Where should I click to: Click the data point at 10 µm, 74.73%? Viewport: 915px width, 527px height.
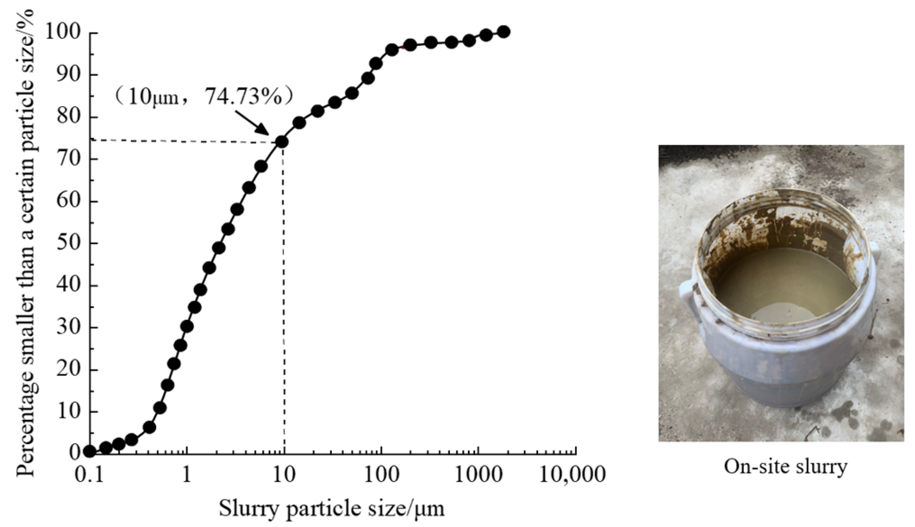click(x=282, y=142)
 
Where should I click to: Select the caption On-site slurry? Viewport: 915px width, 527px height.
click(x=785, y=467)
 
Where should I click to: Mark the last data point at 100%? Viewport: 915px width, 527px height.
click(x=503, y=32)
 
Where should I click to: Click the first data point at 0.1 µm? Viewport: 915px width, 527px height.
click(x=89, y=451)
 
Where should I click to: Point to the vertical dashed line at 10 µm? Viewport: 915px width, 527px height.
click(x=284, y=297)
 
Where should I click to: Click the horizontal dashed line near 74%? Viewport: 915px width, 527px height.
click(x=182, y=141)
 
